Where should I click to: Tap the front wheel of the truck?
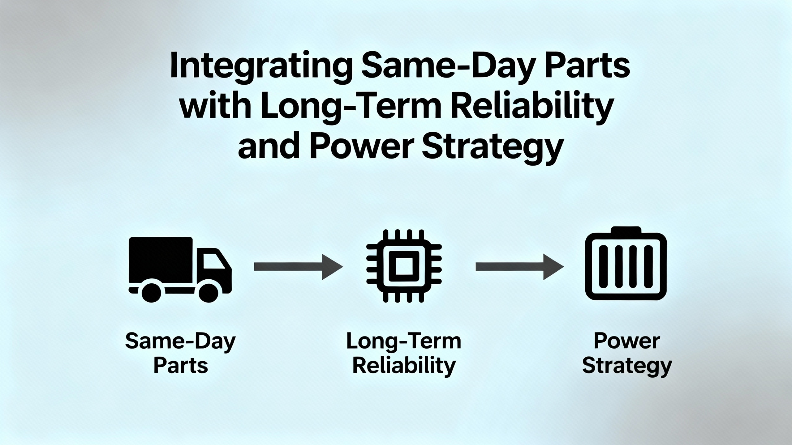(x=208, y=292)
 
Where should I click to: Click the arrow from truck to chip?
(x=298, y=267)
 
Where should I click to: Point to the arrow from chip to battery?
(x=519, y=267)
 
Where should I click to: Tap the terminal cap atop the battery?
(x=626, y=230)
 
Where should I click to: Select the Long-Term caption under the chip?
(x=404, y=341)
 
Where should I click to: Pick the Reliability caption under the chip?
(x=404, y=367)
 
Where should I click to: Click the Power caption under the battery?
(x=627, y=341)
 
